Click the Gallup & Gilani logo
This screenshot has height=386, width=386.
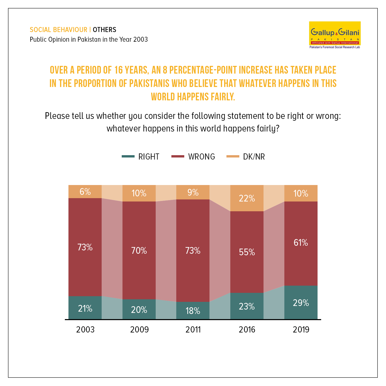(x=335, y=35)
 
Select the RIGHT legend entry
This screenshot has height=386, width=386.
(x=141, y=156)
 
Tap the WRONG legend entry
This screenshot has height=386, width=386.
(x=193, y=156)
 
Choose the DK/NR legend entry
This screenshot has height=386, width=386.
(x=245, y=156)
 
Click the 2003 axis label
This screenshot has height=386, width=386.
(x=85, y=329)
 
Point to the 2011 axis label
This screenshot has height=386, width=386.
(x=193, y=329)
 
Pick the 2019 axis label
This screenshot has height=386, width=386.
(x=301, y=329)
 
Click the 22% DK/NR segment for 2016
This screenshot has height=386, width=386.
(x=247, y=198)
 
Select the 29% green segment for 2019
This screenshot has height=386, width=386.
(x=301, y=302)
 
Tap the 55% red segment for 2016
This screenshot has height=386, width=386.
(x=247, y=252)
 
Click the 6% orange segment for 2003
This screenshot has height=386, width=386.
(x=85, y=191)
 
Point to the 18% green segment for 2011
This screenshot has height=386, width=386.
(x=193, y=310)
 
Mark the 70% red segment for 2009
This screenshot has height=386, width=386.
(x=139, y=250)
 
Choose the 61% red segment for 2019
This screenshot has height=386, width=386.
(x=301, y=243)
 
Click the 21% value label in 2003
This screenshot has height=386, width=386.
(x=85, y=308)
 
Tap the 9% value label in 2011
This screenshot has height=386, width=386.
(x=193, y=192)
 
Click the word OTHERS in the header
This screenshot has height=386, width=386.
(x=104, y=30)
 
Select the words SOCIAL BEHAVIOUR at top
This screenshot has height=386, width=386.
(x=59, y=30)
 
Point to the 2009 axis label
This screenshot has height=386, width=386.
(x=139, y=329)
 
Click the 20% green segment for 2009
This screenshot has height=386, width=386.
(x=139, y=309)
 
